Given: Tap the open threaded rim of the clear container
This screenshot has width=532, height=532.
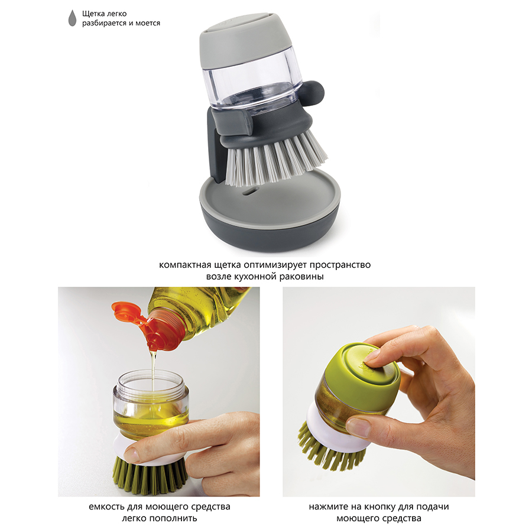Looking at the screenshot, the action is (x=151, y=381).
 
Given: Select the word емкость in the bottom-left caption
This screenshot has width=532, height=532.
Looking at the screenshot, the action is (x=106, y=507).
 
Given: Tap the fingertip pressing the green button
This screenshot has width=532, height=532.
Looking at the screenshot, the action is (x=372, y=356).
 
